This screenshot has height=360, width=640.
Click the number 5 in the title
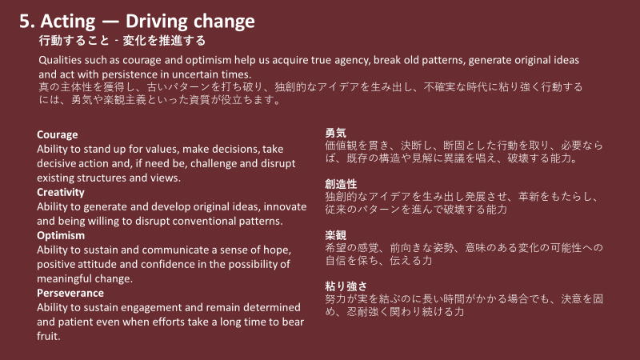[25, 22]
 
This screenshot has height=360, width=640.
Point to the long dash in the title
[110, 22]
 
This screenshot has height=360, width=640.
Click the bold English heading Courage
[57, 134]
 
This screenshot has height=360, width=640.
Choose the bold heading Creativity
[61, 192]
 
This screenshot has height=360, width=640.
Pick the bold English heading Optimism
[61, 235]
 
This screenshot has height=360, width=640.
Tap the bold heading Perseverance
[70, 293]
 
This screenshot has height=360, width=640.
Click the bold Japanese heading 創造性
[341, 184]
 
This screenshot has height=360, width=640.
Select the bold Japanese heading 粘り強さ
[346, 286]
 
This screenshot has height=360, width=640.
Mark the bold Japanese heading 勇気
[335, 133]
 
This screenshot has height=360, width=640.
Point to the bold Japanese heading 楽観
[335, 235]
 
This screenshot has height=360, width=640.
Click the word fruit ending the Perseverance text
[48, 336]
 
